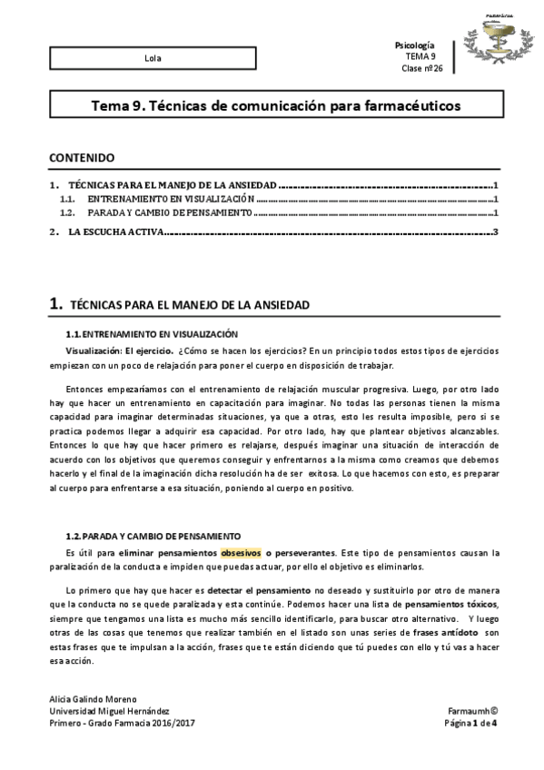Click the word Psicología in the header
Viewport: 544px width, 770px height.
[417, 45]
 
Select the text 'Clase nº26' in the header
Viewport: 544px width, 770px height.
[420, 67]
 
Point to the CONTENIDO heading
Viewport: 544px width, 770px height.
[82, 157]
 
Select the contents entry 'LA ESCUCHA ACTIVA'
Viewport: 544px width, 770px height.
[115, 233]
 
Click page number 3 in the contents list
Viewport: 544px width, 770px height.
[496, 233]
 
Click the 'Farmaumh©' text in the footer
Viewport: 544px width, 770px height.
[472, 711]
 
